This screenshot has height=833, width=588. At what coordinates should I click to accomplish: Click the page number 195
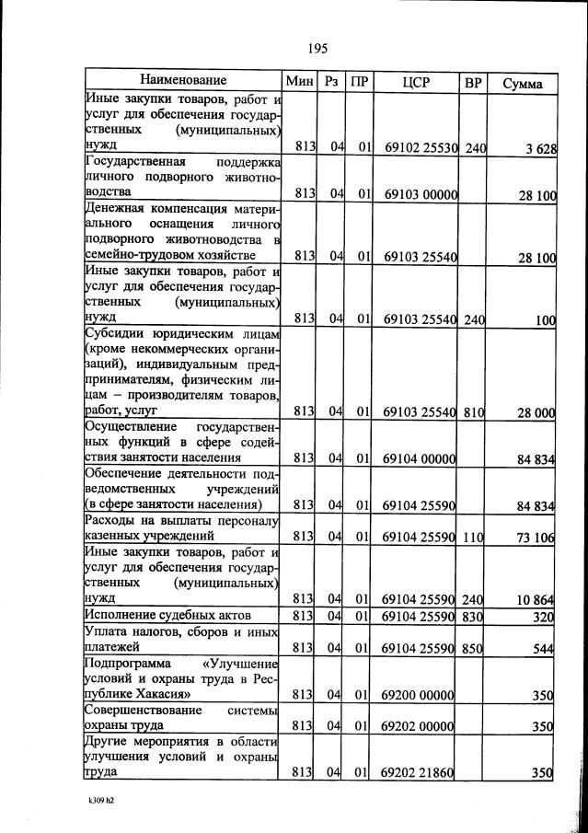point(318,49)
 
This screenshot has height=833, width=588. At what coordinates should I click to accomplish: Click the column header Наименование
point(183,81)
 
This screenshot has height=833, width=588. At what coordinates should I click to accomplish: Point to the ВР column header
point(473,83)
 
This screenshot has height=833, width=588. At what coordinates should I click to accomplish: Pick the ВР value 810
point(473,412)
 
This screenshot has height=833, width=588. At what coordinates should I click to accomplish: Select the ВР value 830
point(473,616)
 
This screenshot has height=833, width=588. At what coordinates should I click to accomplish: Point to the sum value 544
point(542,649)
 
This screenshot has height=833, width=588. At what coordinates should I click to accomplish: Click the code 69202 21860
point(418,772)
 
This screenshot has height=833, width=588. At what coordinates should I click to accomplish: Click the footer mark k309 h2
point(94,800)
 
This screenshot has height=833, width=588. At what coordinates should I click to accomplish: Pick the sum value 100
point(544,319)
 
